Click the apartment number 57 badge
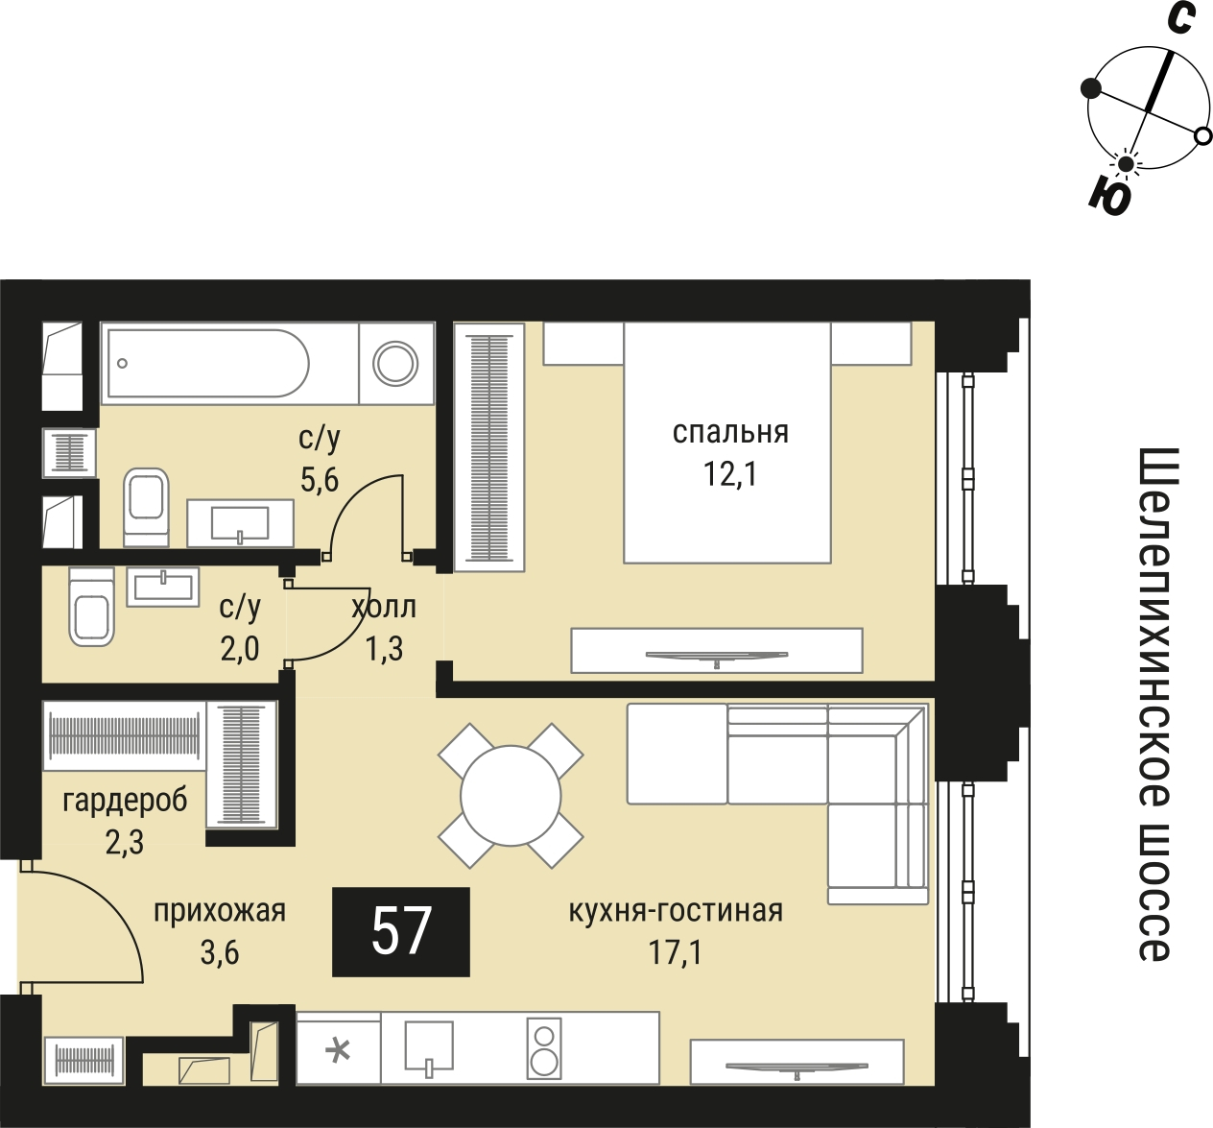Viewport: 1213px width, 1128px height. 401,932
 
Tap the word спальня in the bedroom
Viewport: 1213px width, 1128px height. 730,433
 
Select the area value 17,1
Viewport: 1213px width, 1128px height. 676,952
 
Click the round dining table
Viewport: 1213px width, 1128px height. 511,796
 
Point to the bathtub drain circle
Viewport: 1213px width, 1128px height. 122,364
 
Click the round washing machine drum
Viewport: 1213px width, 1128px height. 395,364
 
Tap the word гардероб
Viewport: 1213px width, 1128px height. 125,801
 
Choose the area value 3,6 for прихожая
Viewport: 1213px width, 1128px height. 220,952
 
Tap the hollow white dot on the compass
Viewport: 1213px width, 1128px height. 1203,136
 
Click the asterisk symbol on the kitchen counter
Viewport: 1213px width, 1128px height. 338,1051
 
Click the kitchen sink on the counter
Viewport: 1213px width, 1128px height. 429,1045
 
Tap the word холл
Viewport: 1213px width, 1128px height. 384,608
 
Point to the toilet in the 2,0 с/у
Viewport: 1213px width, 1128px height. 91,607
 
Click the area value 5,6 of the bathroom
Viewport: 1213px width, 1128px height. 320,480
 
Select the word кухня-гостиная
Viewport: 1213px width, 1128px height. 676,911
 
